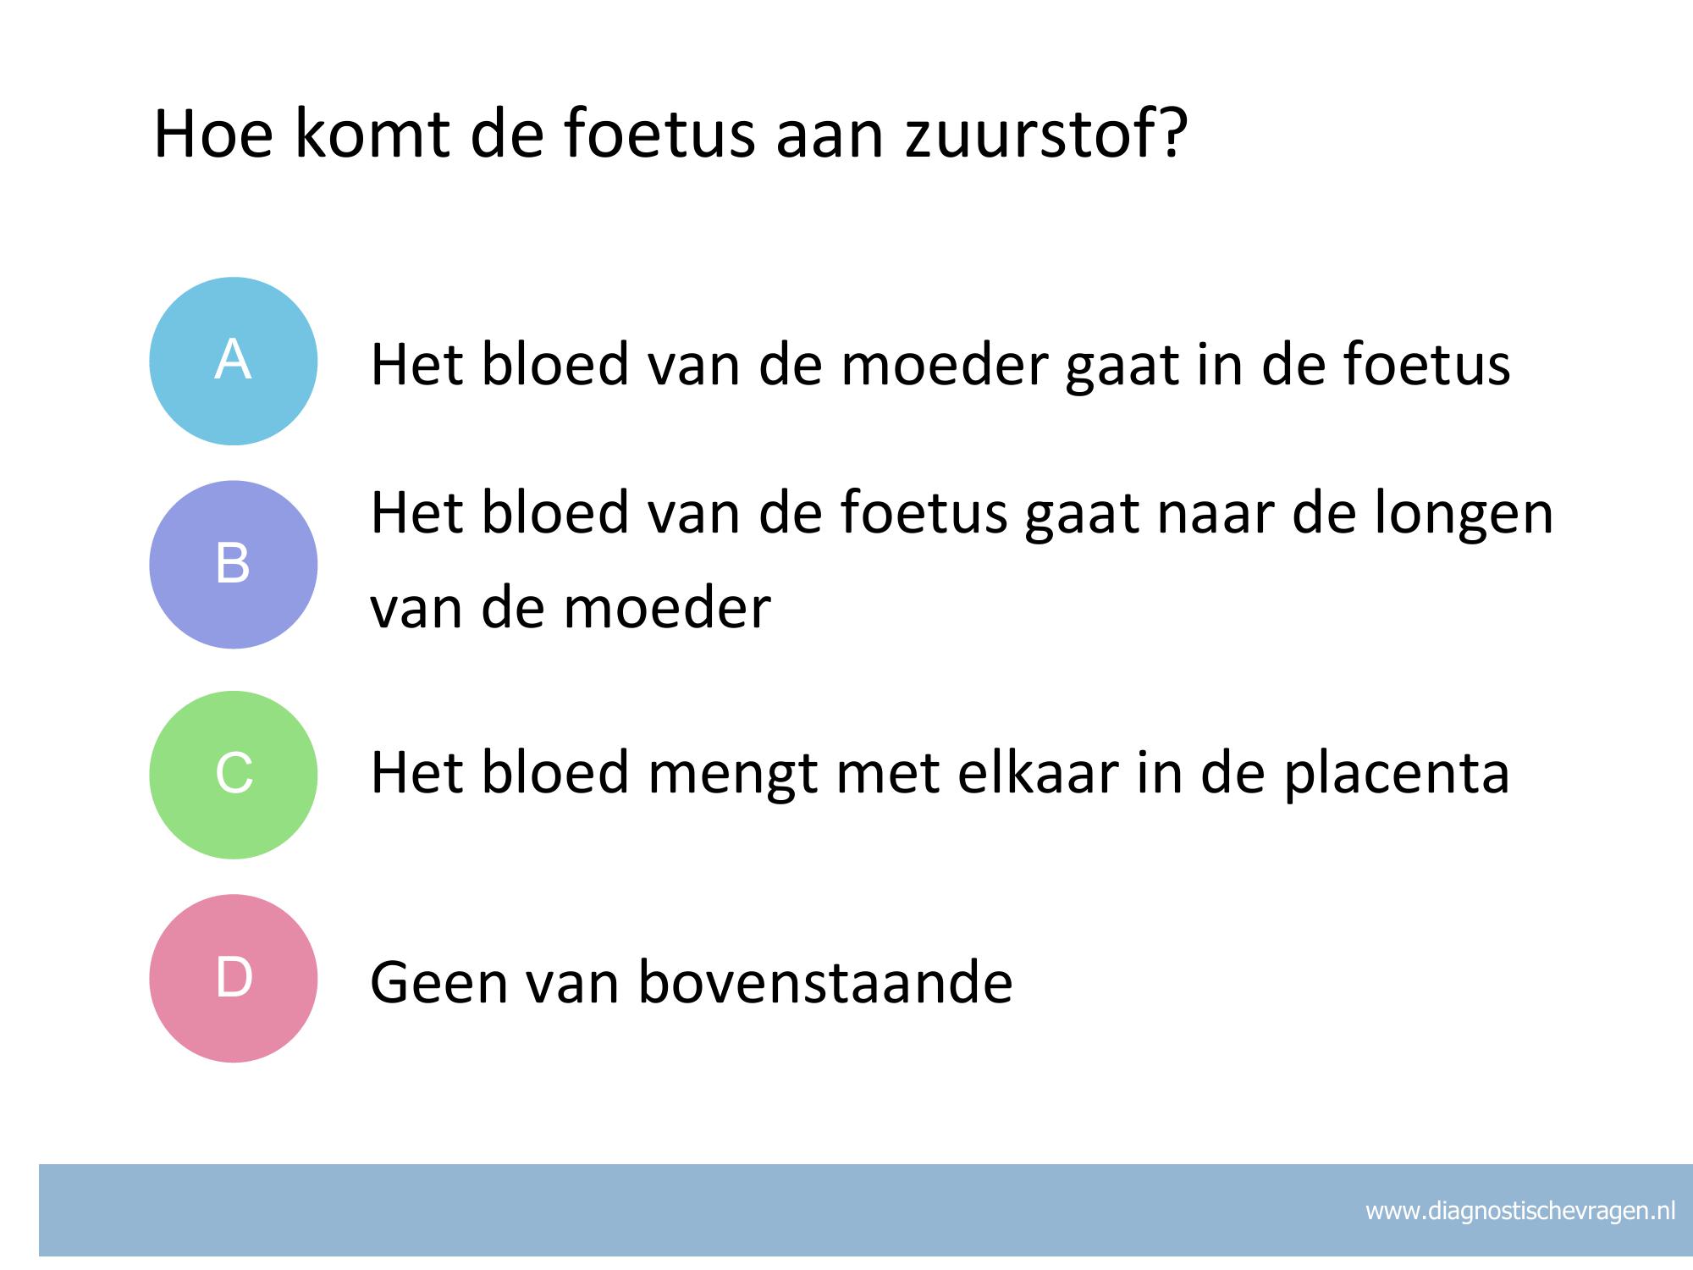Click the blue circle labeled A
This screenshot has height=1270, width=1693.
click(x=234, y=362)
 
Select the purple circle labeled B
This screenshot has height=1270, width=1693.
click(x=234, y=565)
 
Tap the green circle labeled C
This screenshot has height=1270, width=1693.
click(x=234, y=775)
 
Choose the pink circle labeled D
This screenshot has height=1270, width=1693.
click(x=234, y=978)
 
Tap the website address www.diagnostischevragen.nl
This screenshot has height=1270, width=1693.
click(x=1520, y=1211)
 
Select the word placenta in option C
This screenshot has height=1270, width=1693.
click(x=1397, y=774)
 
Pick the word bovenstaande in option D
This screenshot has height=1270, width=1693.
click(x=825, y=982)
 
